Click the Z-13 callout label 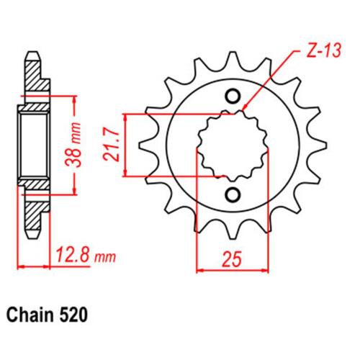324,51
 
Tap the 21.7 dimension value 111,145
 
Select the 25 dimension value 232,259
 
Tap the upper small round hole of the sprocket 233,96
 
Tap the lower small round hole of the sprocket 233,194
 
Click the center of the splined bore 233,145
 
